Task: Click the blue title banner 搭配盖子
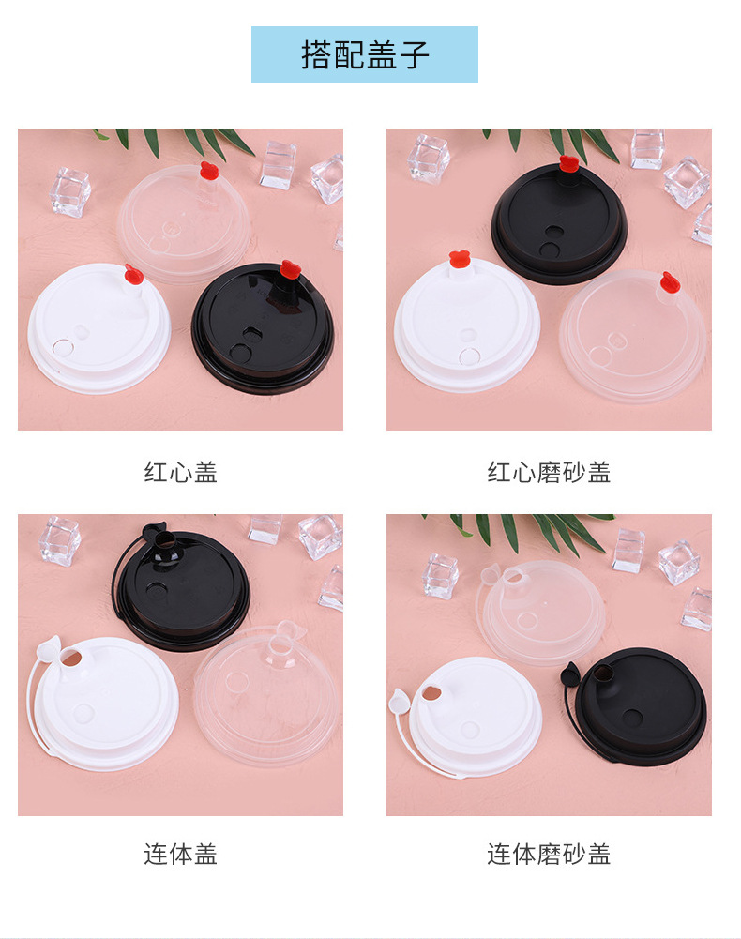pyautogui.click(x=365, y=54)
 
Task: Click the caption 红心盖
pyautogui.click(x=181, y=472)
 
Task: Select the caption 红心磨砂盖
pyautogui.click(x=549, y=472)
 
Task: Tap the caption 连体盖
pyautogui.click(x=181, y=854)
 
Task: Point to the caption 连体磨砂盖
pyautogui.click(x=549, y=854)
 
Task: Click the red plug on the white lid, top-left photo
pyautogui.click(x=133, y=274)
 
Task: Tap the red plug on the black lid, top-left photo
pyautogui.click(x=289, y=270)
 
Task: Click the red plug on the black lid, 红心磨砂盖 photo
pyautogui.click(x=567, y=165)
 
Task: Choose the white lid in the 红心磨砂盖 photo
pyautogui.click(x=466, y=324)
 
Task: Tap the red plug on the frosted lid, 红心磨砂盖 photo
pyautogui.click(x=669, y=281)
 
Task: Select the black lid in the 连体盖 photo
pyautogui.click(x=183, y=591)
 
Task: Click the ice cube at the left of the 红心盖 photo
pyautogui.click(x=70, y=191)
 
